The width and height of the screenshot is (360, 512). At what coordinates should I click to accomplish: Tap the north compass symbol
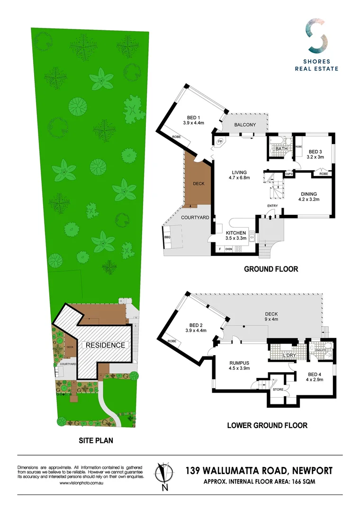click(x=164, y=475)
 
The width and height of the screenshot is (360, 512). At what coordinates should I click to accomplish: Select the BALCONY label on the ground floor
click(x=245, y=125)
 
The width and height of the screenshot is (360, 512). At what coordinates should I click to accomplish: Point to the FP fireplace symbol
click(x=220, y=141)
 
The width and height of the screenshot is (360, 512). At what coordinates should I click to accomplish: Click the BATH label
click(x=282, y=149)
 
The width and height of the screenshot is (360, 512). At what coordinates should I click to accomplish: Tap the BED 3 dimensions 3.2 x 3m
click(x=315, y=157)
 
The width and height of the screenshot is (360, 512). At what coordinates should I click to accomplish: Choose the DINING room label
click(x=308, y=193)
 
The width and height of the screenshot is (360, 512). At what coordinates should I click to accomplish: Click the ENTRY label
click(x=272, y=205)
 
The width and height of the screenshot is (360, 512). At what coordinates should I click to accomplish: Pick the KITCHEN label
click(x=235, y=233)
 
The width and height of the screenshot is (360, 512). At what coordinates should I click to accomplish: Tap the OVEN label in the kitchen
click(x=229, y=249)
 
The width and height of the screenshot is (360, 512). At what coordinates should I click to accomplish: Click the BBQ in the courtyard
click(x=167, y=237)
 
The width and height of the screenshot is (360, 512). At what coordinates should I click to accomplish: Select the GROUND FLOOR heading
click(x=271, y=269)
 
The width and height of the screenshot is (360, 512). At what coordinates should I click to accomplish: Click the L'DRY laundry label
click(x=289, y=355)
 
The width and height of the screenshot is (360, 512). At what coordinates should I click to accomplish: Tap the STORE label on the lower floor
click(x=278, y=389)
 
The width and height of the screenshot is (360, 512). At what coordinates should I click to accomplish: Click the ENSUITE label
click(x=320, y=350)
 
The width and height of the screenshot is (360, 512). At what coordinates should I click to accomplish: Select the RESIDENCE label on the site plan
click(x=105, y=345)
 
